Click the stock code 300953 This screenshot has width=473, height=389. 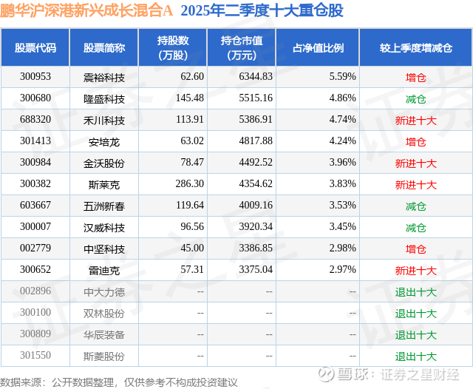click(x=35, y=77)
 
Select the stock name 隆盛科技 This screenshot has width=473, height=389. click(x=103, y=98)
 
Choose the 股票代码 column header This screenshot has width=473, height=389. click(x=35, y=48)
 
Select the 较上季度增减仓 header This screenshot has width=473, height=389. click(x=415, y=48)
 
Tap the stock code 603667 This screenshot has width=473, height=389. click(x=35, y=206)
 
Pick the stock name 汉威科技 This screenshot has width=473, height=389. click(x=103, y=228)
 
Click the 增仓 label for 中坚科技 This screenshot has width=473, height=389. click(x=415, y=249)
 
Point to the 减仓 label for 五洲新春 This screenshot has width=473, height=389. click(x=415, y=206)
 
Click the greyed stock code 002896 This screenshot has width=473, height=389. click(x=35, y=292)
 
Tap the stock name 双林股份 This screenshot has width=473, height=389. click(x=103, y=314)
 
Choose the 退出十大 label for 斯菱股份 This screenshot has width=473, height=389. click(x=415, y=356)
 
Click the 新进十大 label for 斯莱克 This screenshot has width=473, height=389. click(x=415, y=185)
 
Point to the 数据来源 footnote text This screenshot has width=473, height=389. click(x=119, y=382)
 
